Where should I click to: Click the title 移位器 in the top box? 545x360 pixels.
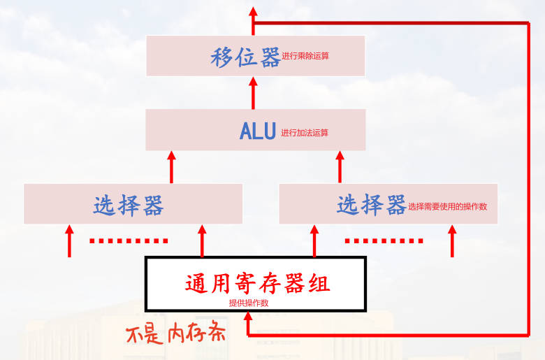click(245, 57)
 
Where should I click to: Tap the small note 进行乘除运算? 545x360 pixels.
click(305, 55)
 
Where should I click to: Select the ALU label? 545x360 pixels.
click(257, 131)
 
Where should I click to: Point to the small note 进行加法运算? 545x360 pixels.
click(305, 132)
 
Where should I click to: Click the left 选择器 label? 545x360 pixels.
click(129, 205)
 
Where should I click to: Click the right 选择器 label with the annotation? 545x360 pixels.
click(371, 205)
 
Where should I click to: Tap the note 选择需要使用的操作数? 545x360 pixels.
click(447, 207)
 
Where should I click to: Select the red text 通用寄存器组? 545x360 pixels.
click(257, 283)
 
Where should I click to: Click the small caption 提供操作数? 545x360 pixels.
click(248, 303)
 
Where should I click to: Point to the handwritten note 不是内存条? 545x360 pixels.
click(175, 333)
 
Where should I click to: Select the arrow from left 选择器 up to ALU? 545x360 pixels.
click(172, 166)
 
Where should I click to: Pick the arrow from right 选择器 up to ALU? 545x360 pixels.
click(340, 166)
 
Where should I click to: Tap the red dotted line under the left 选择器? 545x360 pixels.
click(129, 241)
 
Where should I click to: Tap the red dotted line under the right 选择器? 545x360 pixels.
click(384, 241)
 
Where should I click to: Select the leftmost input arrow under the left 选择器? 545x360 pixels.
click(69, 240)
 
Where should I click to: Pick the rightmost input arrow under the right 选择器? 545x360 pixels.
click(453, 240)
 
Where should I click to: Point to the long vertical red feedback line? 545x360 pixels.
click(529, 175)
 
